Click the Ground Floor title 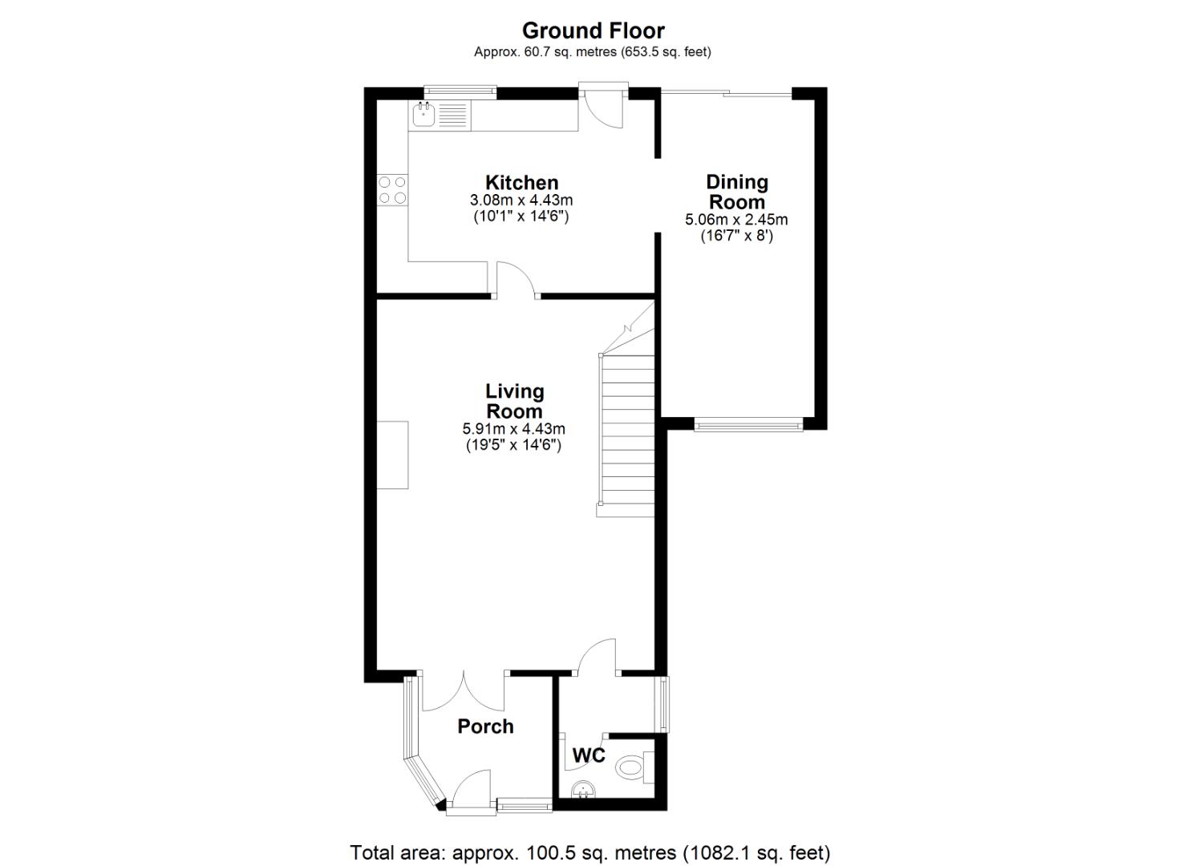tap(593, 30)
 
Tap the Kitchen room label tap(521, 183)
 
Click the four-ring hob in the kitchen tap(392, 189)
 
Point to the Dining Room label tap(736, 192)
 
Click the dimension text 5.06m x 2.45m tap(736, 220)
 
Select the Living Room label tap(514, 401)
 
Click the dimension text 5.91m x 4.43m tap(513, 429)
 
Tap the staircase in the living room tap(627, 433)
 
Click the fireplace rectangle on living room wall tap(393, 455)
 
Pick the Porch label tap(485, 726)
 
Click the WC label tap(588, 755)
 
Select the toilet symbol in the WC tap(634, 767)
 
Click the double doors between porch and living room tap(463, 691)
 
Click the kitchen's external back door tap(603, 108)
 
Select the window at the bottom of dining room tap(747, 424)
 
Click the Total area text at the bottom tap(589, 852)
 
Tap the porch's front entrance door tap(472, 790)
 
